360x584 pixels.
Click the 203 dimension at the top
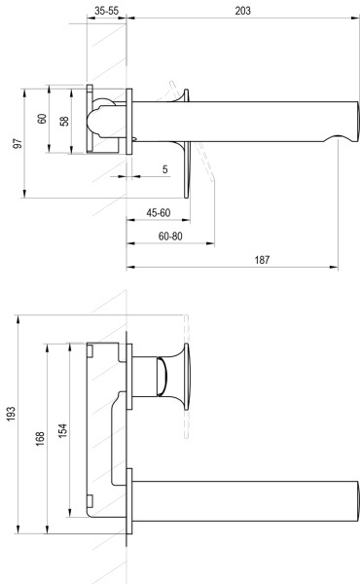[x=243, y=10]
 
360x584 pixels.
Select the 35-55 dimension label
[x=107, y=10]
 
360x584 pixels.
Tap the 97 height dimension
[x=13, y=144]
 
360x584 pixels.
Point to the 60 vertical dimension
[x=41, y=119]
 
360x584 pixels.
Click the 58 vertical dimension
[x=64, y=120]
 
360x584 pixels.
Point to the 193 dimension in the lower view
[x=13, y=415]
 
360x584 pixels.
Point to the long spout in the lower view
[x=243, y=504]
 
